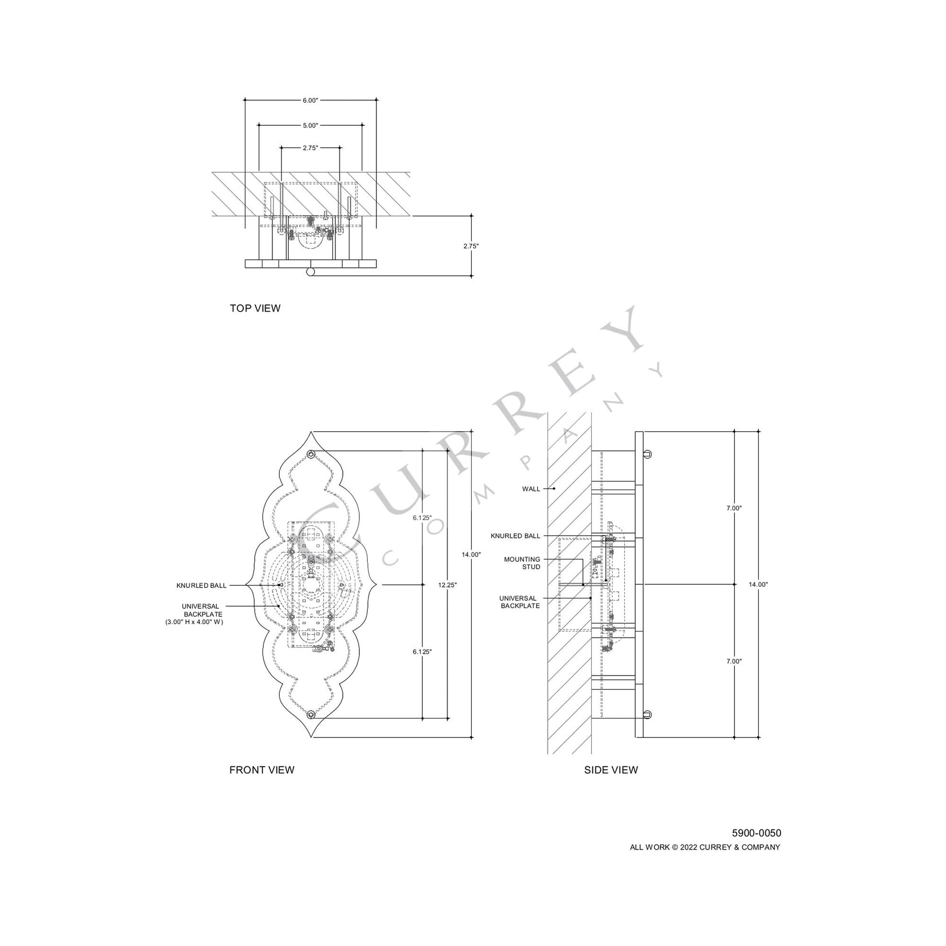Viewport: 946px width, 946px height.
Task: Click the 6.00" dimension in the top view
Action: pyautogui.click(x=310, y=100)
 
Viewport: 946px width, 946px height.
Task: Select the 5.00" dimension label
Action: pyautogui.click(x=310, y=125)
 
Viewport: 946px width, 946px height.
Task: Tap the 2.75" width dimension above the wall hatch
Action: pyautogui.click(x=310, y=147)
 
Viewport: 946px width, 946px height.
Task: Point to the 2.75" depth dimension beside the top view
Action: pyautogui.click(x=471, y=246)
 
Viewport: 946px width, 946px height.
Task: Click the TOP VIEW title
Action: pyautogui.click(x=255, y=308)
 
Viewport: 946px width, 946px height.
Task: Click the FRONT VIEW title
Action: pyautogui.click(x=262, y=770)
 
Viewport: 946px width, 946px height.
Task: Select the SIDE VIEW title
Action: pyautogui.click(x=611, y=770)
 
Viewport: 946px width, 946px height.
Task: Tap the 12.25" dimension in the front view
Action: pyautogui.click(x=448, y=585)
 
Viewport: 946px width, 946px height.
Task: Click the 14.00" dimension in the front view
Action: pyautogui.click(x=471, y=554)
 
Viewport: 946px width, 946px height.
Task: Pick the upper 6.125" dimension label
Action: pyautogui.click(x=422, y=518)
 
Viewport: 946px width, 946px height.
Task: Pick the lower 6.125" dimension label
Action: pyautogui.click(x=422, y=652)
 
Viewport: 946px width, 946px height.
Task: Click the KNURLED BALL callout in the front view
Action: pyautogui.click(x=201, y=585)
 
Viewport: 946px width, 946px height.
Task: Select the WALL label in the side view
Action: pyautogui.click(x=531, y=489)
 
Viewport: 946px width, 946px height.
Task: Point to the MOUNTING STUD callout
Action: pyautogui.click(x=522, y=563)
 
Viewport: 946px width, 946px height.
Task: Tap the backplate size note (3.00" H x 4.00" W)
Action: pyautogui.click(x=194, y=622)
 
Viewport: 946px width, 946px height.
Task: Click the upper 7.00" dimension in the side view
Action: pyautogui.click(x=734, y=508)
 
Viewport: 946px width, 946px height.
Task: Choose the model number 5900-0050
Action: pyautogui.click(x=756, y=833)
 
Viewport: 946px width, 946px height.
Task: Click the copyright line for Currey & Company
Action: pyautogui.click(x=704, y=847)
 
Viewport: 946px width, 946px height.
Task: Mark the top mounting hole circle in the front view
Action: pyautogui.click(x=311, y=454)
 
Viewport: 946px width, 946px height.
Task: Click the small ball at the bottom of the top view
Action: pyautogui.click(x=310, y=273)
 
